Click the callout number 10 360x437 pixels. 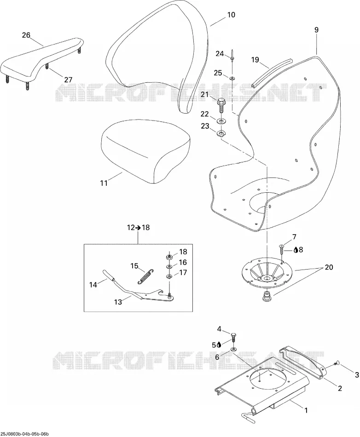point(231,15)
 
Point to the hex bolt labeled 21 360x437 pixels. point(221,105)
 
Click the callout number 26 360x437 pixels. point(26,35)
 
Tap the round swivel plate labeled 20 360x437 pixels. point(267,274)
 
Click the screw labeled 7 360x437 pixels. point(282,250)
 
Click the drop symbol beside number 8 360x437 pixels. point(296,250)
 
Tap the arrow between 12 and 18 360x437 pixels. point(138,228)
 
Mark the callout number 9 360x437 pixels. point(316,30)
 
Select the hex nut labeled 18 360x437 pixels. point(168,256)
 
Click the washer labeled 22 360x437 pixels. point(221,121)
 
